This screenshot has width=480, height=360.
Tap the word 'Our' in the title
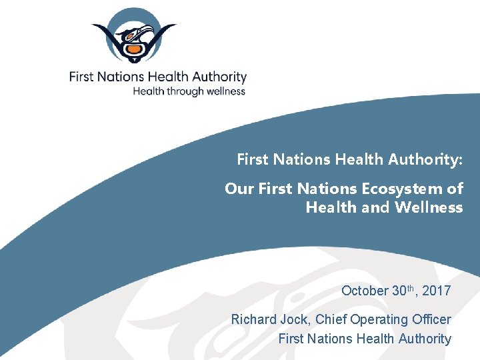point(239,189)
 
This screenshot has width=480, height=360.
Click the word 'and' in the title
point(377,207)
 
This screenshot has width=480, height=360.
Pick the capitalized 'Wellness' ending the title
point(429,207)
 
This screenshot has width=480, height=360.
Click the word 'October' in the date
point(365,291)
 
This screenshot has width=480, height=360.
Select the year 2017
point(436,291)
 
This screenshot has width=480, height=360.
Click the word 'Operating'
point(377,320)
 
